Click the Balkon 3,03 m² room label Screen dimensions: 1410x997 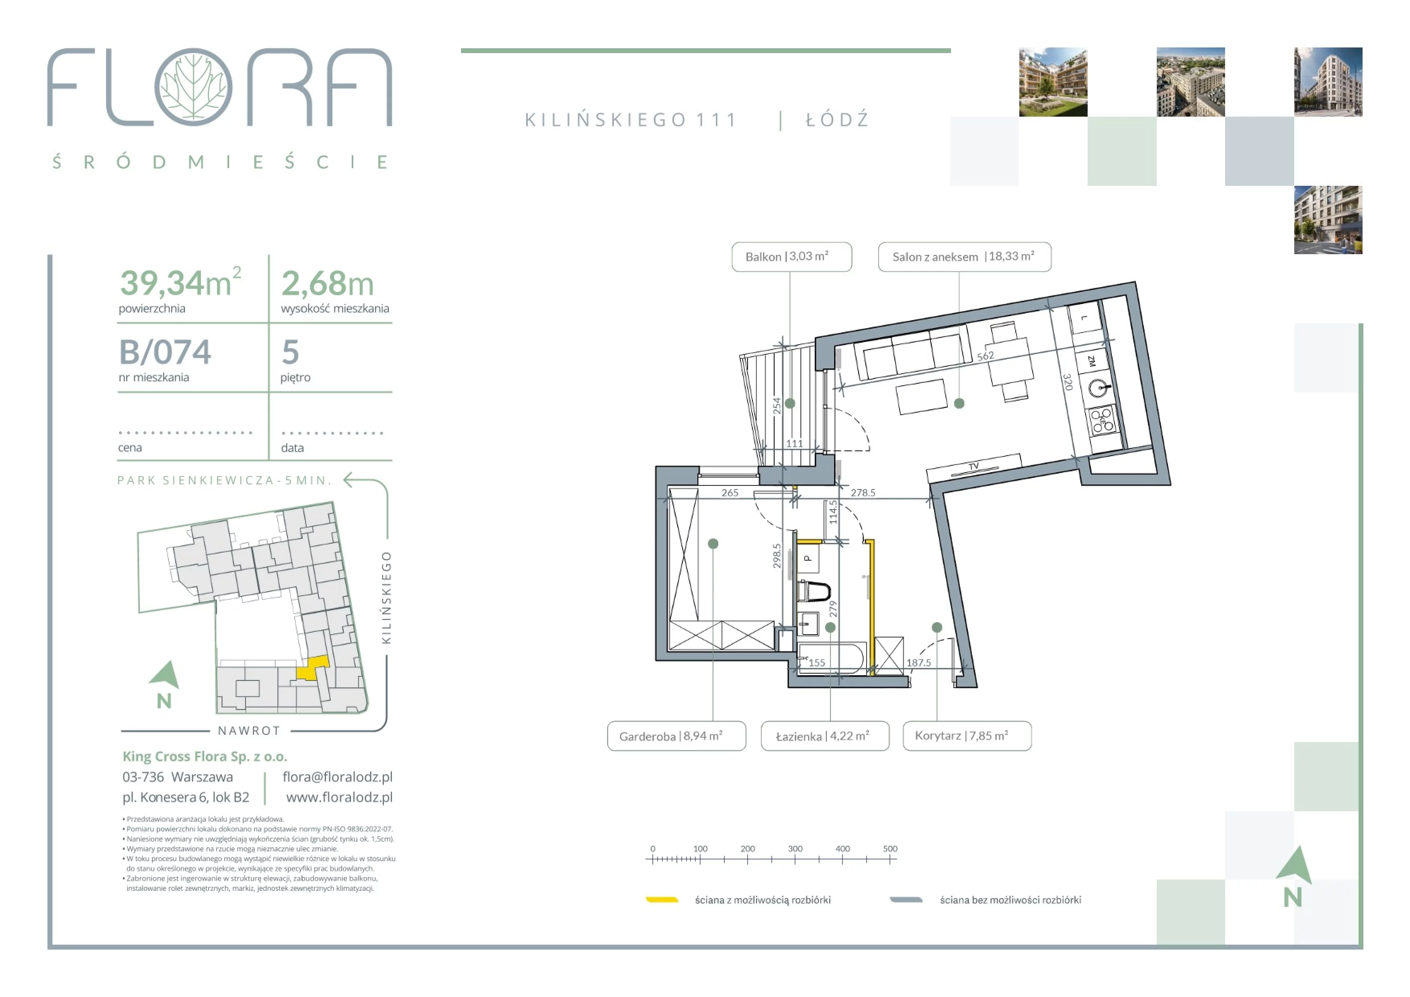[791, 257]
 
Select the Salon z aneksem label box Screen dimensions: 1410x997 [964, 257]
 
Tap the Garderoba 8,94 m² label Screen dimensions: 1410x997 [676, 736]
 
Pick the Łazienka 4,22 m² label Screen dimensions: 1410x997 [825, 736]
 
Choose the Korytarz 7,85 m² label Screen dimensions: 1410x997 [967, 736]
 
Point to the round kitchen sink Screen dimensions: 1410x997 [1098, 388]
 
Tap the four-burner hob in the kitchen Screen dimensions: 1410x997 [1103, 421]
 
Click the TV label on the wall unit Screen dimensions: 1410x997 [973, 466]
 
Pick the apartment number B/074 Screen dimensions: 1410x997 [164, 352]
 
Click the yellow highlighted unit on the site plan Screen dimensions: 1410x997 [313, 668]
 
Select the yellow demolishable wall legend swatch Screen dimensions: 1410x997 [662, 900]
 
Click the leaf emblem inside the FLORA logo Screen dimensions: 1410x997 [193, 87]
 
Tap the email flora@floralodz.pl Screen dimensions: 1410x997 [337, 777]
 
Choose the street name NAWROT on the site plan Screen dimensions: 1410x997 [249, 731]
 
